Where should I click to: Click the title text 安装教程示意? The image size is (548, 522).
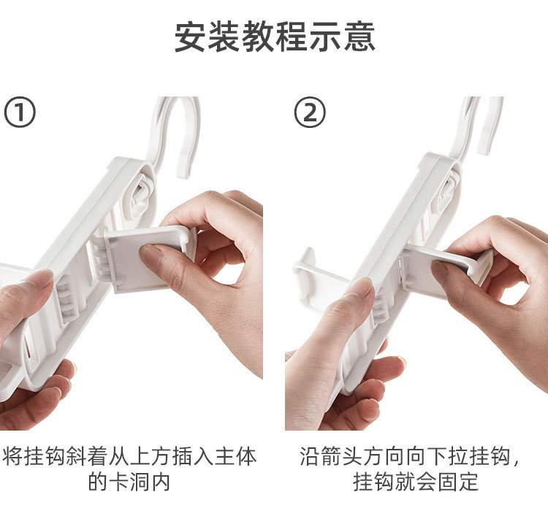click(274, 36)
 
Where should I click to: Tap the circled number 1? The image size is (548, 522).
click(20, 113)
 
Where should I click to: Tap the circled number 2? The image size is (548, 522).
click(309, 113)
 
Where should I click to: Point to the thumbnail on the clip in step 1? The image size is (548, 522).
click(153, 257)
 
